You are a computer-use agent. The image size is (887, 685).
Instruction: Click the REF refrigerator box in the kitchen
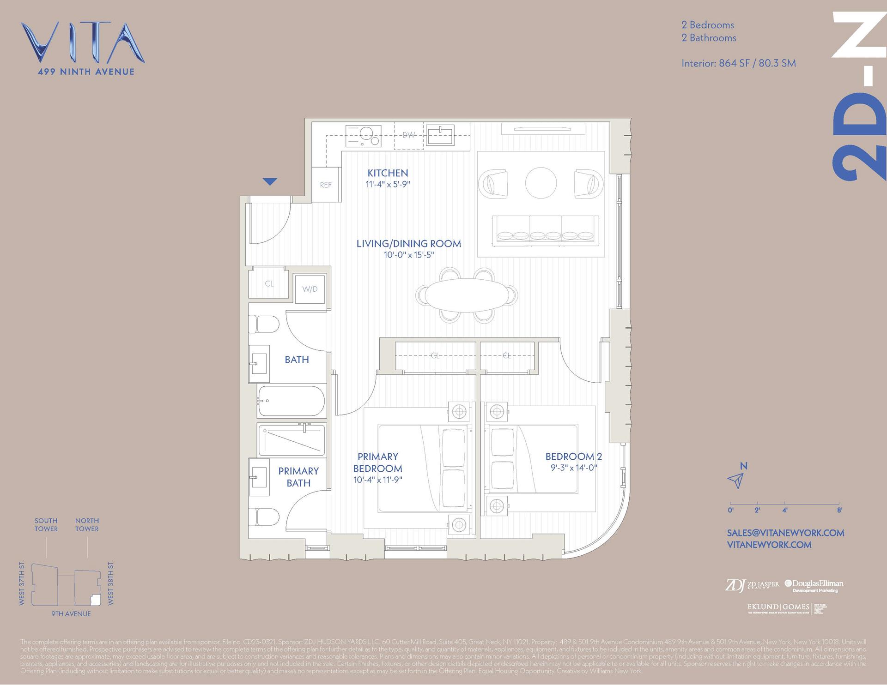click(x=326, y=185)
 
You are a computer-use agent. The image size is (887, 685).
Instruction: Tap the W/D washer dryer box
click(x=310, y=289)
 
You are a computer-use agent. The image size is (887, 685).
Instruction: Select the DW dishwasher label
click(x=408, y=135)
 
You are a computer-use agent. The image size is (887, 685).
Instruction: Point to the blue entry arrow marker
click(x=270, y=181)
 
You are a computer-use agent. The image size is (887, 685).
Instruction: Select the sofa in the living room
click(x=545, y=229)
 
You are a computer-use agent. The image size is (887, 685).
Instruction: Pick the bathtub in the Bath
click(x=292, y=401)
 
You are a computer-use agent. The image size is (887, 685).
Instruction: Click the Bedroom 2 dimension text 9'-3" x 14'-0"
click(x=573, y=468)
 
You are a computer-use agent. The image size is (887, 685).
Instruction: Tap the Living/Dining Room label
click(x=408, y=244)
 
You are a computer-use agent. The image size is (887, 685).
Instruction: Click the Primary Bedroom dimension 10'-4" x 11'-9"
click(x=377, y=480)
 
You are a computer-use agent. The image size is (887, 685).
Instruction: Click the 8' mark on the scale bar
click(x=839, y=510)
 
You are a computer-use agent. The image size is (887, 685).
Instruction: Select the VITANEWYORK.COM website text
click(x=769, y=545)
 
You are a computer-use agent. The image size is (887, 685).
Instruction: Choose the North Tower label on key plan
click(x=87, y=525)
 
